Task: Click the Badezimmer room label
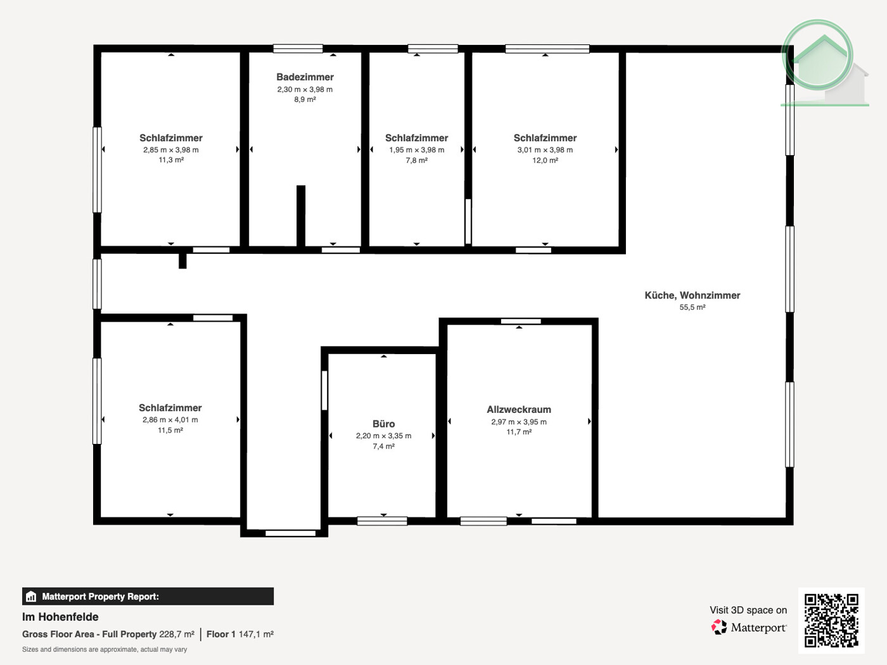[305, 77]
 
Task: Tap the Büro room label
[383, 424]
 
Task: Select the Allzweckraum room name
[519, 409]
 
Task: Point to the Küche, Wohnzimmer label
[692, 295]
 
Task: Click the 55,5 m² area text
[692, 307]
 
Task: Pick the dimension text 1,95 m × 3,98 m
[417, 150]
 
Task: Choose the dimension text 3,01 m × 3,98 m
[545, 150]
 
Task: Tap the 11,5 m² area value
[170, 430]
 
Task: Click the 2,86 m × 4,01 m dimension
[170, 419]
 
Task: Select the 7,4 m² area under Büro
[383, 446]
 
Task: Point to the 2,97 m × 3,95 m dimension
[519, 422]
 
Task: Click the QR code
[831, 621]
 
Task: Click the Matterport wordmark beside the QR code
[758, 628]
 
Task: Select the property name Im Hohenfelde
[60, 617]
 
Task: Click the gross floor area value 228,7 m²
[177, 634]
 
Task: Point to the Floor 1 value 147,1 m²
[256, 634]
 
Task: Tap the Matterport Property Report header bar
[148, 597]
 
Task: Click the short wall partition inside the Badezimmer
[301, 215]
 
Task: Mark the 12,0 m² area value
[545, 160]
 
